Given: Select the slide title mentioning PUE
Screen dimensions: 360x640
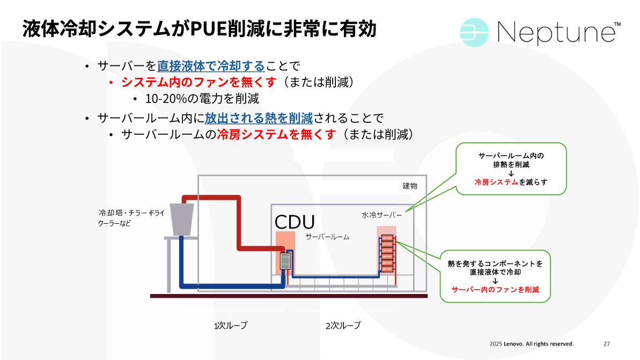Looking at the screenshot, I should pyautogui.click(x=199, y=28).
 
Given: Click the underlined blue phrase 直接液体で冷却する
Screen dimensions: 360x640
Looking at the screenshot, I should pyautogui.click(x=211, y=66).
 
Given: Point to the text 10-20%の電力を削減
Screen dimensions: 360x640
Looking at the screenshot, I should pyautogui.click(x=202, y=99).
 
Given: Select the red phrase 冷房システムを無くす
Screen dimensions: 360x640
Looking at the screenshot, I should pyautogui.click(x=277, y=134).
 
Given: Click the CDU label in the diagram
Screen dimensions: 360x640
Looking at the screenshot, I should pyautogui.click(x=295, y=222).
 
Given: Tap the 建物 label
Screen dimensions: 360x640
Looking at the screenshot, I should pyautogui.click(x=410, y=186).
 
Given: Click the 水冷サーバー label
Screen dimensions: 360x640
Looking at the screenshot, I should pyautogui.click(x=381, y=215).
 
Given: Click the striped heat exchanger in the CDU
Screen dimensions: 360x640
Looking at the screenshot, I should pyautogui.click(x=284, y=261).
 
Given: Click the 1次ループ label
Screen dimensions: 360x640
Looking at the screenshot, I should pyautogui.click(x=231, y=325).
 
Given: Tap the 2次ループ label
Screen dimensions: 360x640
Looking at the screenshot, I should pyautogui.click(x=343, y=325).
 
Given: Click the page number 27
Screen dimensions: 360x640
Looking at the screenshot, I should pyautogui.click(x=607, y=343).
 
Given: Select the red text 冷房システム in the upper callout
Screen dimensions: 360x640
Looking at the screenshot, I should pyautogui.click(x=496, y=182).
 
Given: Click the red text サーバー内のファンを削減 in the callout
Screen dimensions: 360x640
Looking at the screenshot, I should pyautogui.click(x=495, y=289).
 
